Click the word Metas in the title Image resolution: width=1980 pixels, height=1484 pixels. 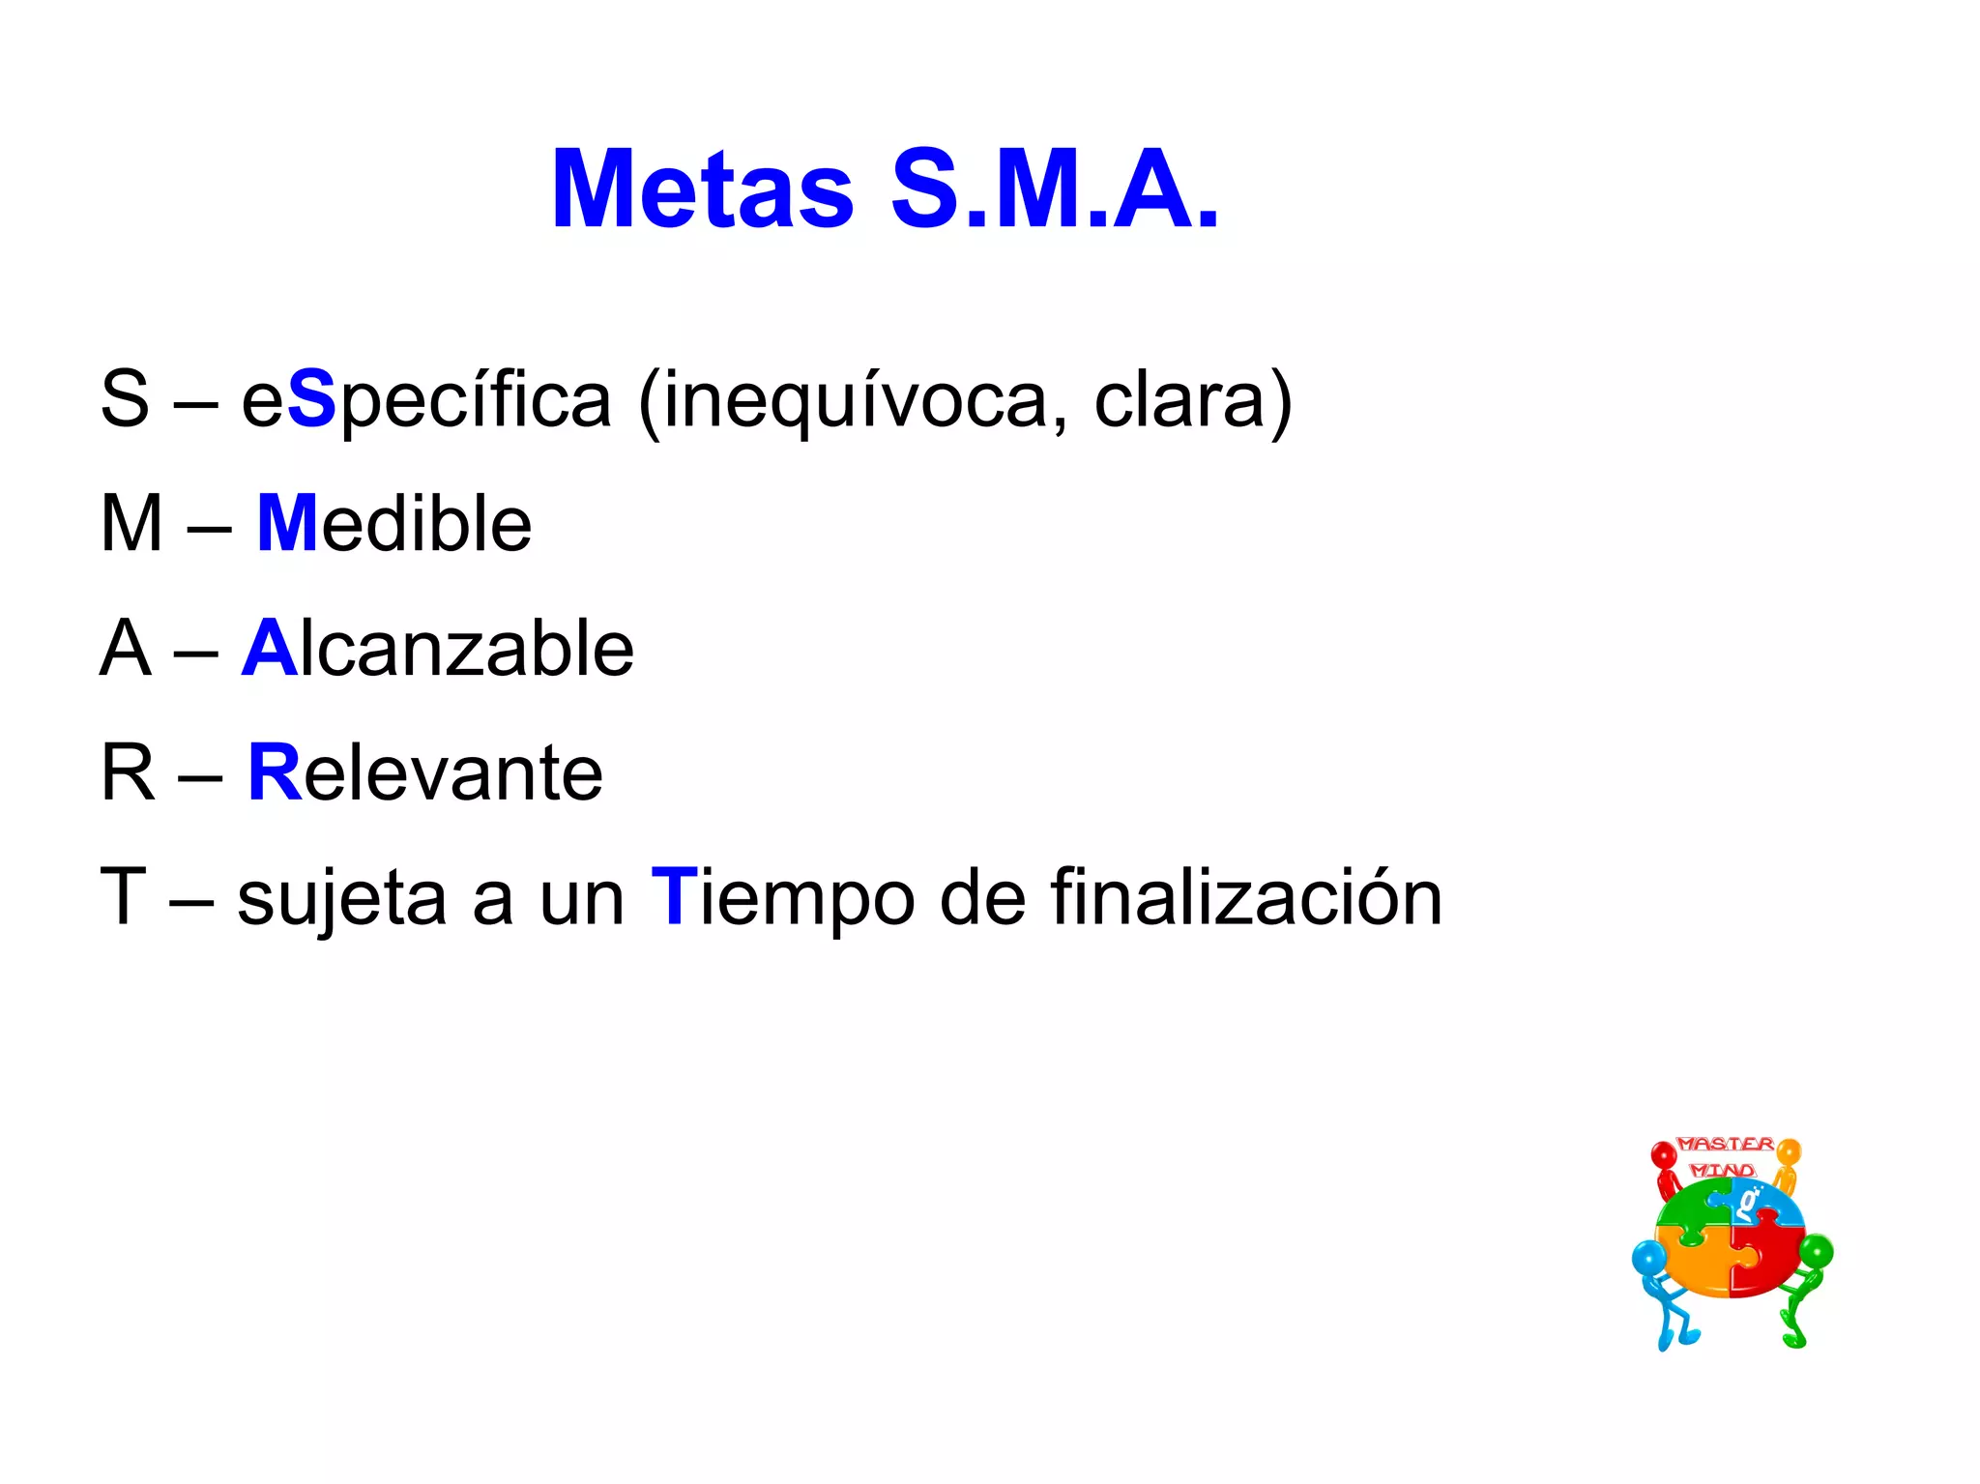tap(703, 190)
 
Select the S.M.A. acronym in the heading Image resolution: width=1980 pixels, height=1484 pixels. tap(1054, 190)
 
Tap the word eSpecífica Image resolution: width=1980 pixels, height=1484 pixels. tap(425, 400)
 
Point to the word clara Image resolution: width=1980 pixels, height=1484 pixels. tap(1179, 400)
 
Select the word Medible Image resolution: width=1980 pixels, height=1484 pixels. tap(394, 524)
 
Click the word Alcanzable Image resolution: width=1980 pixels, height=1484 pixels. tap(438, 649)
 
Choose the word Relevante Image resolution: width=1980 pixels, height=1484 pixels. tap(425, 772)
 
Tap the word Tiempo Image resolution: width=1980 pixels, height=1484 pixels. tap(782, 897)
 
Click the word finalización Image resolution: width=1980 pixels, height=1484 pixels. tap(1246, 897)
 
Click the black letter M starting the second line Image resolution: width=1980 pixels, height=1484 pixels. tap(131, 524)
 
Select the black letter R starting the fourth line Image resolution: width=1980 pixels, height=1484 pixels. tap(127, 772)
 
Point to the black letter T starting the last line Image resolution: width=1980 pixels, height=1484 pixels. tap(123, 897)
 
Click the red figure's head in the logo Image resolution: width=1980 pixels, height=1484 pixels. tap(1663, 1155)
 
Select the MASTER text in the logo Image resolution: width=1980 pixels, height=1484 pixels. tap(1726, 1144)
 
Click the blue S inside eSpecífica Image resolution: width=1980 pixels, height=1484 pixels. tap(311, 400)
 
